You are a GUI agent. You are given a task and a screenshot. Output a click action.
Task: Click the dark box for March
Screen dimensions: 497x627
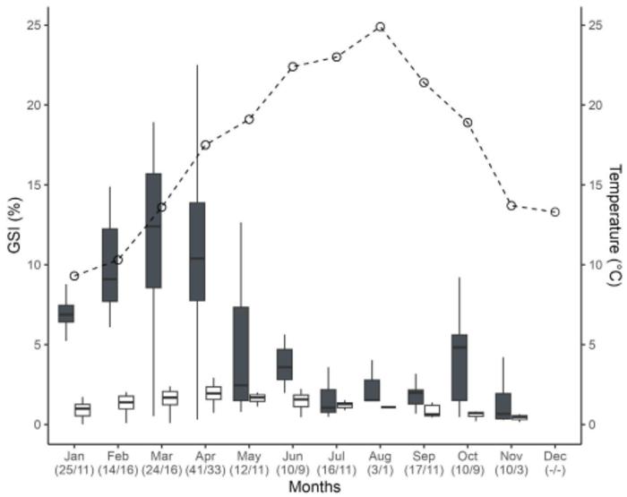(x=153, y=230)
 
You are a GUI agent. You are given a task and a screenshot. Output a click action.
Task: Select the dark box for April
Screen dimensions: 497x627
(x=197, y=252)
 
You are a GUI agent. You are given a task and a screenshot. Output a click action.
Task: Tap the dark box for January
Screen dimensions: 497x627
(x=66, y=313)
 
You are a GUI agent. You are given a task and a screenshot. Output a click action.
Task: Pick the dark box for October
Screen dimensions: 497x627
(x=460, y=367)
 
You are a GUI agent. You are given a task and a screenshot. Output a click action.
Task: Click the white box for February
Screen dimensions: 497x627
(x=126, y=402)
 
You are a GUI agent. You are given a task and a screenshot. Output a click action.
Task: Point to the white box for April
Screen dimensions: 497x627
(x=214, y=392)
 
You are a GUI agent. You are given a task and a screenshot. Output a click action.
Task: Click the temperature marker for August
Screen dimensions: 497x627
(x=380, y=27)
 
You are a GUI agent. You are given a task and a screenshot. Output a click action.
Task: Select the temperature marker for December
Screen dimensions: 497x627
(x=555, y=212)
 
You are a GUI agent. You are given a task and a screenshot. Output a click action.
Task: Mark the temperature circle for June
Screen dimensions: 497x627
(x=293, y=66)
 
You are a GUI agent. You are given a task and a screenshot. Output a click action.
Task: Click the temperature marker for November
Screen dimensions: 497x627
(x=511, y=205)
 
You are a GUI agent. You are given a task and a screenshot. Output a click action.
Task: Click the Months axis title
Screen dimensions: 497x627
(x=314, y=486)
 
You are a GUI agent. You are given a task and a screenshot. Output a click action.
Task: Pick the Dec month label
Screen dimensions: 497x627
(x=555, y=455)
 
